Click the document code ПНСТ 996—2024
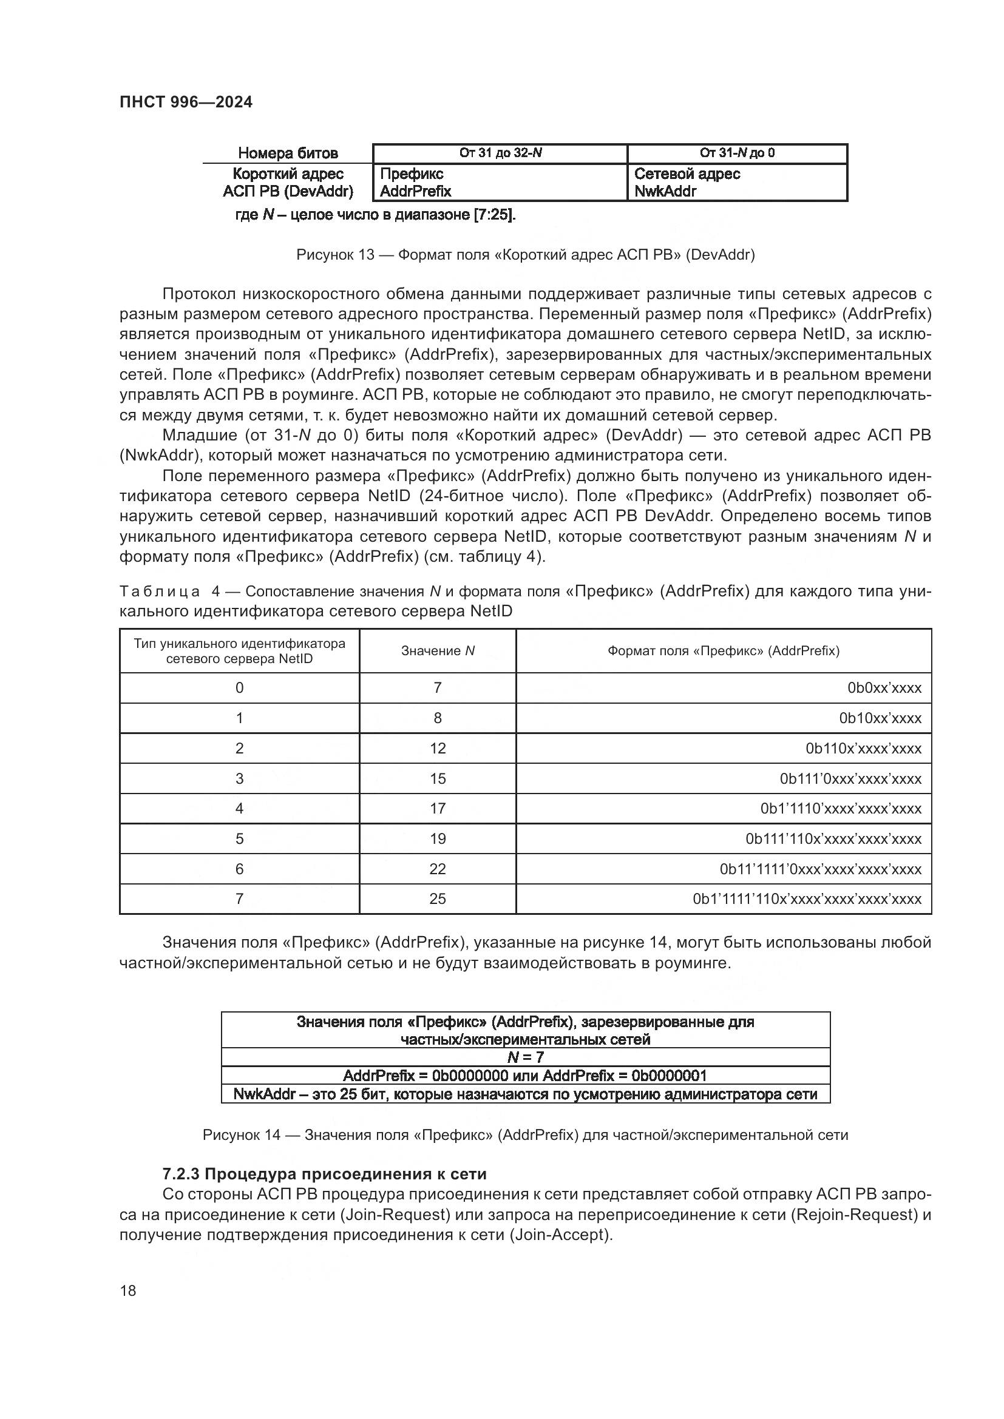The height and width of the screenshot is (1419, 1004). tap(186, 102)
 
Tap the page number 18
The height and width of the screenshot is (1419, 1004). tap(128, 1290)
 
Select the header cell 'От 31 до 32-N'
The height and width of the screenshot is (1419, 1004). tap(500, 153)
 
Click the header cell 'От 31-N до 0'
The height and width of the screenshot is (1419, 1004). tap(737, 153)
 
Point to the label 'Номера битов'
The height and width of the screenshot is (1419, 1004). tap(288, 153)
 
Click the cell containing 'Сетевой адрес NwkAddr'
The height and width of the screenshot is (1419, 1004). tap(737, 183)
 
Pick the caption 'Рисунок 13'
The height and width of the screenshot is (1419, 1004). tap(525, 255)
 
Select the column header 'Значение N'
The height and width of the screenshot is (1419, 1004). tap(438, 651)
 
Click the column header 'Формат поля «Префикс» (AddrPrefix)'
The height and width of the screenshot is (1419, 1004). tap(724, 651)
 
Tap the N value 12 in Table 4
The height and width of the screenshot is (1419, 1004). tap(438, 749)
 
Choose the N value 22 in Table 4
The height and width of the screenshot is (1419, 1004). tap(438, 869)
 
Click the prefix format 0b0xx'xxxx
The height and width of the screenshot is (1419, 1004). tap(884, 688)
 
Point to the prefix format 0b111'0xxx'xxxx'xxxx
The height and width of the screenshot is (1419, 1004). tap(850, 779)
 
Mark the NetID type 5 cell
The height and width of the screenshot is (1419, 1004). tap(239, 838)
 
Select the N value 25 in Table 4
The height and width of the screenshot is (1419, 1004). tap(438, 898)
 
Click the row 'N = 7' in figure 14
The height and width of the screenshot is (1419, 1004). tap(525, 1057)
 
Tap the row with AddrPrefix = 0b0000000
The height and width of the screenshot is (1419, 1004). tap(525, 1076)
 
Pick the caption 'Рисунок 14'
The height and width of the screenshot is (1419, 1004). tap(525, 1134)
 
